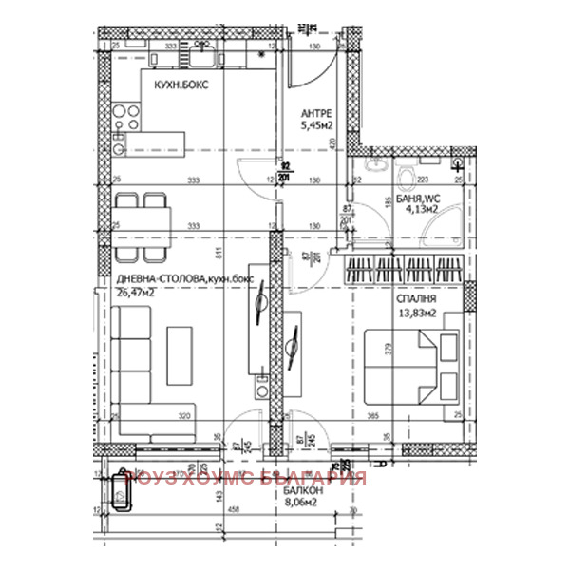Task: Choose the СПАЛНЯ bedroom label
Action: tap(417, 297)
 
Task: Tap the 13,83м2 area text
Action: tap(417, 313)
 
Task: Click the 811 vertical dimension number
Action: tap(218, 253)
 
